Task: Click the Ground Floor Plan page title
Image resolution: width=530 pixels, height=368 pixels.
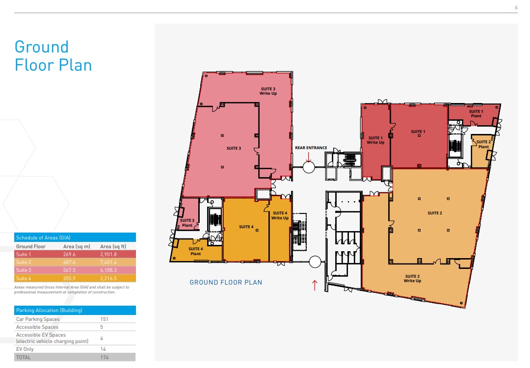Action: (53, 56)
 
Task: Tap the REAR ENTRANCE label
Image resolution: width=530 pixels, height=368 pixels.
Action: (311, 148)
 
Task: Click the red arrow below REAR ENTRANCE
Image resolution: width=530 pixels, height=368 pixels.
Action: (309, 157)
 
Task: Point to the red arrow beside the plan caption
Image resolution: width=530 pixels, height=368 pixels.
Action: (315, 285)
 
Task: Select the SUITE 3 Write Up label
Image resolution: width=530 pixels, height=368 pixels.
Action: (268, 91)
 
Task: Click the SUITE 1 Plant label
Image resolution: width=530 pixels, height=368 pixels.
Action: (476, 114)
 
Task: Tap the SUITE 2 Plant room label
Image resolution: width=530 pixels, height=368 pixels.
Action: (483, 144)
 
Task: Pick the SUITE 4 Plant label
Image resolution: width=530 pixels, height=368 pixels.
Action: (195, 251)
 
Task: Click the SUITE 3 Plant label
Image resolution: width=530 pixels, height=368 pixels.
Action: (187, 223)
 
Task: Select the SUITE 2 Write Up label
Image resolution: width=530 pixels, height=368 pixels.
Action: (412, 279)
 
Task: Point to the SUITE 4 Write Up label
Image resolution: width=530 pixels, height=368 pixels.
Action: (280, 215)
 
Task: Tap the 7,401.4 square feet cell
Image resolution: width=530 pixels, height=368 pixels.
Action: (108, 262)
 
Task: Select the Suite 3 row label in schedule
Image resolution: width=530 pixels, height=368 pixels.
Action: (24, 270)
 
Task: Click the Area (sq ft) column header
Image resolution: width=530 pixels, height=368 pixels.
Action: (113, 246)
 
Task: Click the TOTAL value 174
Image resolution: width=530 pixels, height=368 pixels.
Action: (104, 357)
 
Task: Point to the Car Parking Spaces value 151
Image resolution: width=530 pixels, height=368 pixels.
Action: (104, 319)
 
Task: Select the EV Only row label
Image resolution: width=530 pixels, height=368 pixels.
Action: (25, 349)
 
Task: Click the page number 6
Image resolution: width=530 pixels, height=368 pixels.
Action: (516, 7)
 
